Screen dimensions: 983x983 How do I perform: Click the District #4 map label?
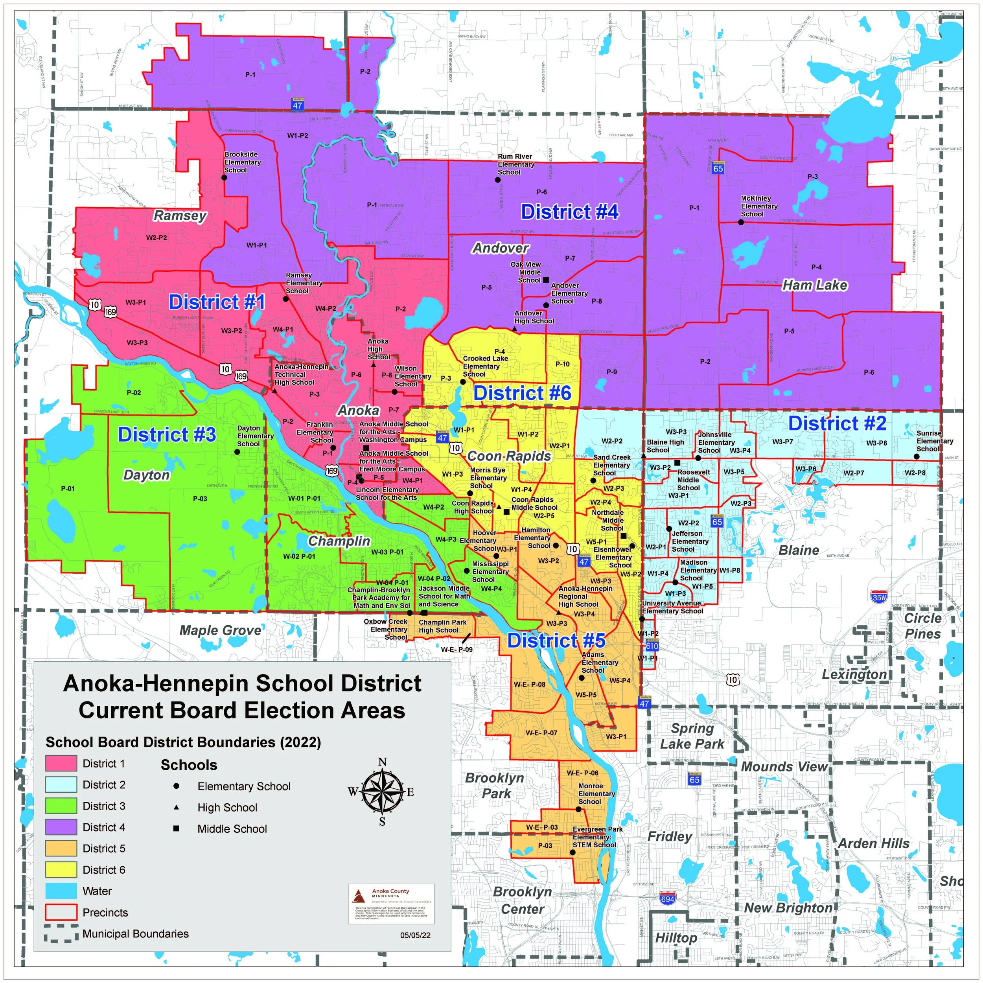569,212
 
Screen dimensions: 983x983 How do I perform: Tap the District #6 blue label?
522,393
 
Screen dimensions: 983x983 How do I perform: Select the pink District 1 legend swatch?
61,764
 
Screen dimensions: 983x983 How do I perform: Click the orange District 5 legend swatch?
61,849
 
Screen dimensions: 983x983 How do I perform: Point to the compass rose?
382,792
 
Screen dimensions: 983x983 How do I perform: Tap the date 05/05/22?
415,935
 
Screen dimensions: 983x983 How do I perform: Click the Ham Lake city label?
815,285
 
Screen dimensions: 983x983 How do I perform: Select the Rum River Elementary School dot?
498,180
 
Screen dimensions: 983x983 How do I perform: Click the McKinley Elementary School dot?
741,222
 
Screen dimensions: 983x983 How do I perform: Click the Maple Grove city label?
220,630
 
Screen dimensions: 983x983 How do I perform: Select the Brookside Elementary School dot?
224,178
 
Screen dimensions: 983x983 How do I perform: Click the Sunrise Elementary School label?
935,441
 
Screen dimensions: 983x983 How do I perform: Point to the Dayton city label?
147,475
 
